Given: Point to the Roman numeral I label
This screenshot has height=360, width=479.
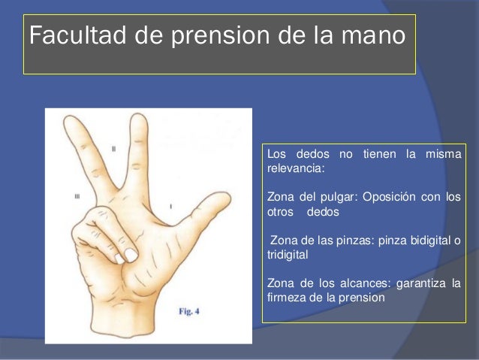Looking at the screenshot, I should pyautogui.click(x=171, y=204).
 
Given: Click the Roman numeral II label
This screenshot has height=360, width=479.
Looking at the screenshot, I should pyautogui.click(x=113, y=149).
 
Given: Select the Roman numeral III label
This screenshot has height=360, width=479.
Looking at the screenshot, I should pyautogui.click(x=77, y=196).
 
